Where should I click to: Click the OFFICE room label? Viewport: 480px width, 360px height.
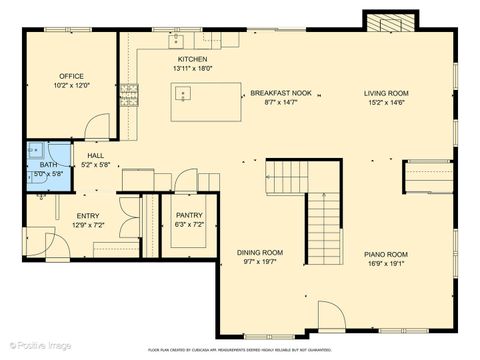pyautogui.click(x=70, y=76)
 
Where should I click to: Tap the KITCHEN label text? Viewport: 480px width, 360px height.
pyautogui.click(x=193, y=60)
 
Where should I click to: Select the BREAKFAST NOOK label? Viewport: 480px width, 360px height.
pyautogui.click(x=288, y=92)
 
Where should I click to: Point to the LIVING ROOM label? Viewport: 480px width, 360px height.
pyautogui.click(x=386, y=93)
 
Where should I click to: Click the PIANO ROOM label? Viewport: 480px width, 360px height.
pyautogui.click(x=386, y=254)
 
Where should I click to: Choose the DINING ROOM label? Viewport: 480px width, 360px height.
pyautogui.click(x=260, y=252)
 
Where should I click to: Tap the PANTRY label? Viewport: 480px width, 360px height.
pyautogui.click(x=189, y=215)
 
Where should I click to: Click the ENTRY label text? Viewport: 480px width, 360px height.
pyautogui.click(x=88, y=216)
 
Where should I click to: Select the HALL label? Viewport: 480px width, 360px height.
pyautogui.click(x=96, y=156)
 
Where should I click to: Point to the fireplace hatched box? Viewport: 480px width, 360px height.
pyautogui.click(x=386, y=23)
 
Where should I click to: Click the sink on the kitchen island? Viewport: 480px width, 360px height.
pyautogui.click(x=183, y=94)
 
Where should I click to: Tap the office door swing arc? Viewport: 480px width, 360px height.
pyautogui.click(x=98, y=126)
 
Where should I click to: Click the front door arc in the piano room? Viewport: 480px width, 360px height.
pyautogui.click(x=332, y=315)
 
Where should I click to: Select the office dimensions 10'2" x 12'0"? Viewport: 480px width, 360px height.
pyautogui.click(x=70, y=85)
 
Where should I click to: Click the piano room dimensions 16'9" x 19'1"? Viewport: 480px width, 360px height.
pyautogui.click(x=386, y=263)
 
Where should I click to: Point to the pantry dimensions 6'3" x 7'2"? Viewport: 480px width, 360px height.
pyautogui.click(x=189, y=224)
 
